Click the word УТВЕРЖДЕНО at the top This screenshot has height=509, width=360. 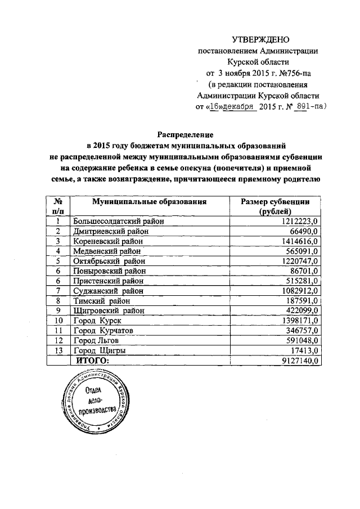260,39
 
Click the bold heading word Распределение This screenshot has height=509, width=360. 183,134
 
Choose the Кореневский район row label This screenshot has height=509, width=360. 110,241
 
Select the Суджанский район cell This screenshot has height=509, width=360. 108,291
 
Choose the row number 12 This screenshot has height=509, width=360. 58,340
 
